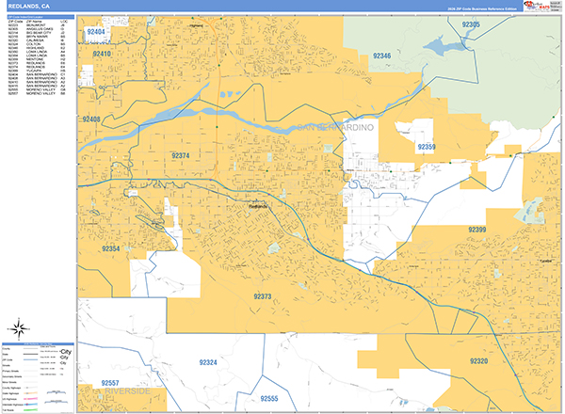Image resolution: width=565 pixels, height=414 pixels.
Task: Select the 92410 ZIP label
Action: (x=103, y=55)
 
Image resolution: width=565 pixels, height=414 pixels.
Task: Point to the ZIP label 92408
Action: (x=92, y=119)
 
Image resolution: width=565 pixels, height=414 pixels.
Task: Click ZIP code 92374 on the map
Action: (x=181, y=155)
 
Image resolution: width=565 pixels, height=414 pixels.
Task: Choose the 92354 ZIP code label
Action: (x=111, y=249)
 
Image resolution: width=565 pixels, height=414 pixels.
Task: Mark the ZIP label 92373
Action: (x=263, y=296)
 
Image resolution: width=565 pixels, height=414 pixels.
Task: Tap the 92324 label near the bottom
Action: (x=208, y=362)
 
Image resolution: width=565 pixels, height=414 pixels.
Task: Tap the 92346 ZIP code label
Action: (x=382, y=56)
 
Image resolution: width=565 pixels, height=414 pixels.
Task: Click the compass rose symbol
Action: (x=18, y=328)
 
